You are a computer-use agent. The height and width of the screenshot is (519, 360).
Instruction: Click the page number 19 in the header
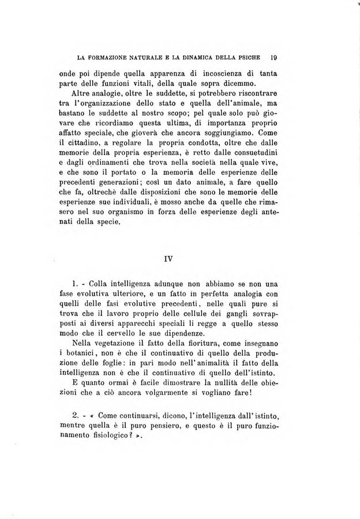[274, 58]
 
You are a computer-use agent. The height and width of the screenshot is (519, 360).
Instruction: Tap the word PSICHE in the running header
[249, 58]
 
